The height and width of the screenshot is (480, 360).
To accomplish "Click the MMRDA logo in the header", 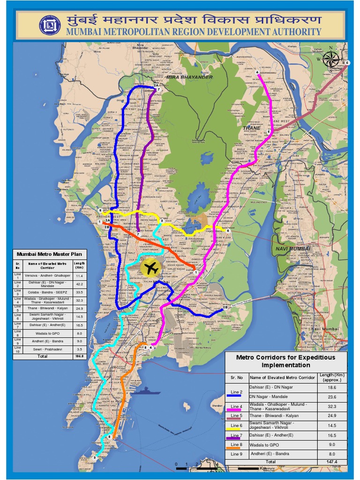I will click(49, 25).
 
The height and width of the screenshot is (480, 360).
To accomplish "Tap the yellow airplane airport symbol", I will click(151, 269).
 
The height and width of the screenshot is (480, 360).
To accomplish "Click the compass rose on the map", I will click(331, 59).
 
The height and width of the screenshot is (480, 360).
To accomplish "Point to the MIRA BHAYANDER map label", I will click(190, 77).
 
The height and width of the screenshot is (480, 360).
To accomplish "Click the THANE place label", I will click(251, 127).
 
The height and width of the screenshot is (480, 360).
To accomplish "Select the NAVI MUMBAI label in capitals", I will click(293, 248).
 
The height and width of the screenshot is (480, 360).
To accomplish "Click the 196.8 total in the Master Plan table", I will click(79, 356).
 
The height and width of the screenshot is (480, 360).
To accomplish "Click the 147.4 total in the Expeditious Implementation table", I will click(332, 462).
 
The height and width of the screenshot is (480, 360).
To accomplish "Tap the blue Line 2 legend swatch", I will click(237, 395).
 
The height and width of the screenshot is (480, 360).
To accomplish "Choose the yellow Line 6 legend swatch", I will click(237, 428).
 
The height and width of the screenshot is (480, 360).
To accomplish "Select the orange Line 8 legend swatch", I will click(237, 448).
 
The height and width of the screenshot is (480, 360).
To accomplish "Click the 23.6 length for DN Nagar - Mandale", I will click(332, 397).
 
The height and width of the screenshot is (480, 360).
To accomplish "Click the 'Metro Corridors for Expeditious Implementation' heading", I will click(285, 361).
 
